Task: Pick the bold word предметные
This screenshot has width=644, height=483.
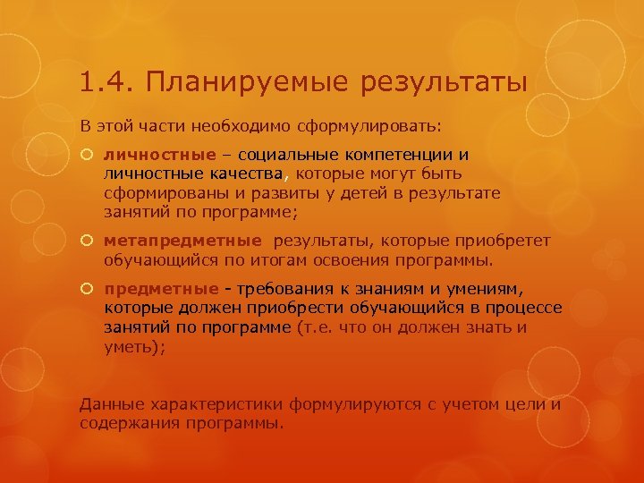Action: coord(161,289)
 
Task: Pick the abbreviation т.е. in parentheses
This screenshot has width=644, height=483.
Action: coord(321,328)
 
